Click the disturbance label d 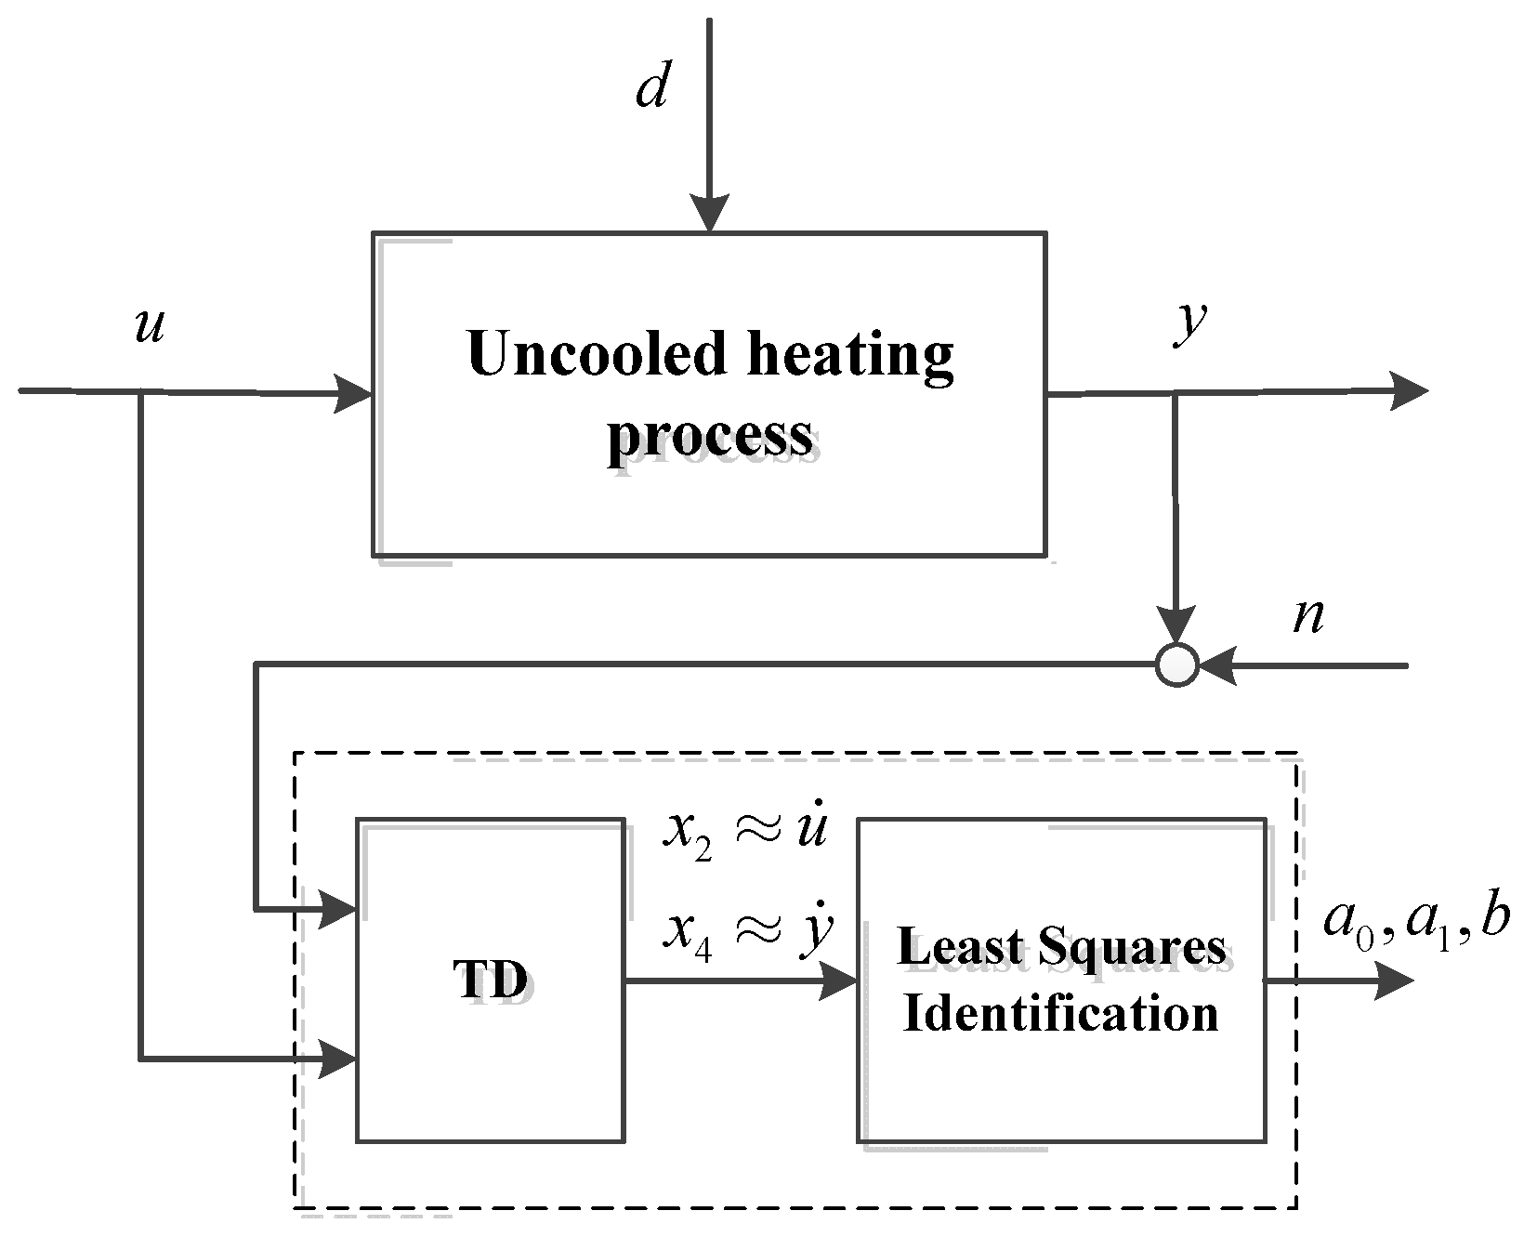(x=652, y=90)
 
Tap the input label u (x=150, y=327)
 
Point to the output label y (x=1189, y=325)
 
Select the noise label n (x=1308, y=617)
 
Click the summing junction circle (x=1177, y=665)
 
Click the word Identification (x=1060, y=1013)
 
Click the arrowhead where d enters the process (x=709, y=216)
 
